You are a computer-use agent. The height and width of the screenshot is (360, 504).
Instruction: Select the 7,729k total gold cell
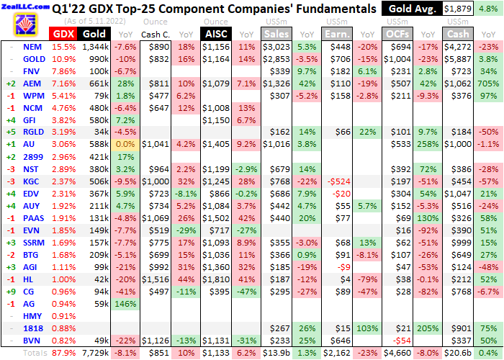pyautogui.click(x=94, y=353)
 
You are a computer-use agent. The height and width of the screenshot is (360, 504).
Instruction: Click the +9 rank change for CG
pyautogui.click(x=10, y=292)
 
